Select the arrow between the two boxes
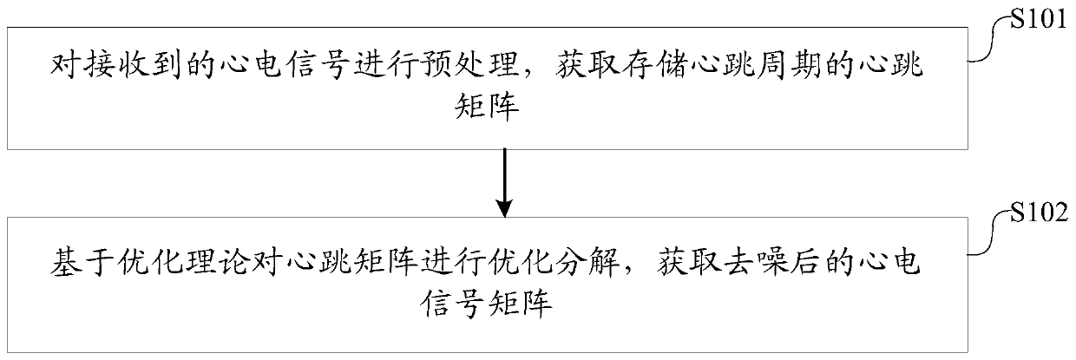click(x=502, y=178)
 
